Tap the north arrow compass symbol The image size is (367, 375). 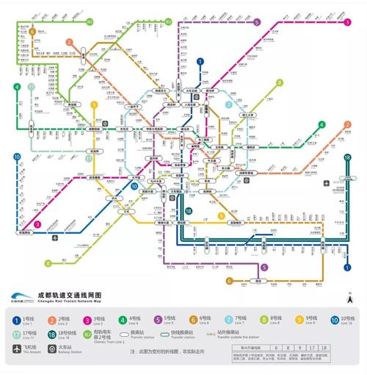(350, 299)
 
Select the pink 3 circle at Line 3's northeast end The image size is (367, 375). (347, 22)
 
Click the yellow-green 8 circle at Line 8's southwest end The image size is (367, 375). (48, 262)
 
